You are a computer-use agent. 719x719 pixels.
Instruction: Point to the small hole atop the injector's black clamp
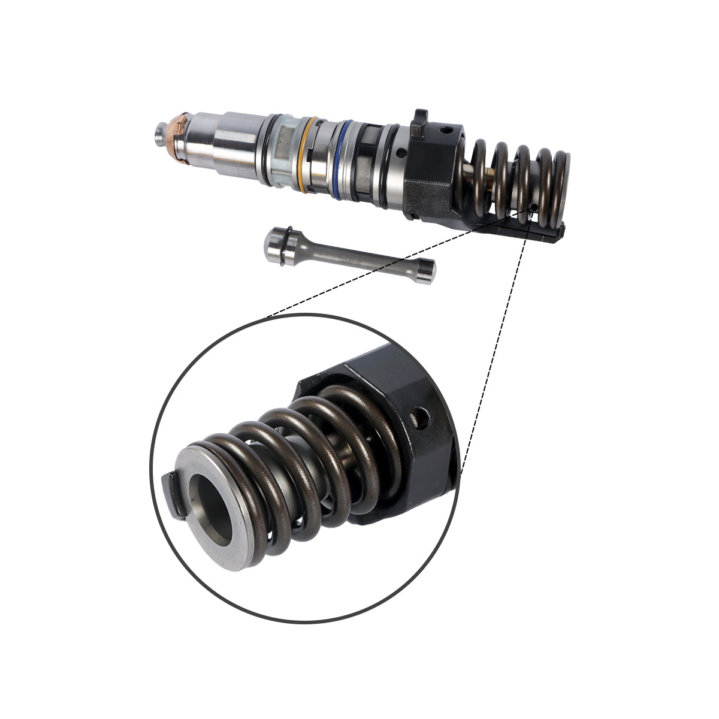pyautogui.click(x=445, y=128)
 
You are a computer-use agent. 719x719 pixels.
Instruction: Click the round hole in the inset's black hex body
pyautogui.click(x=421, y=418)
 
